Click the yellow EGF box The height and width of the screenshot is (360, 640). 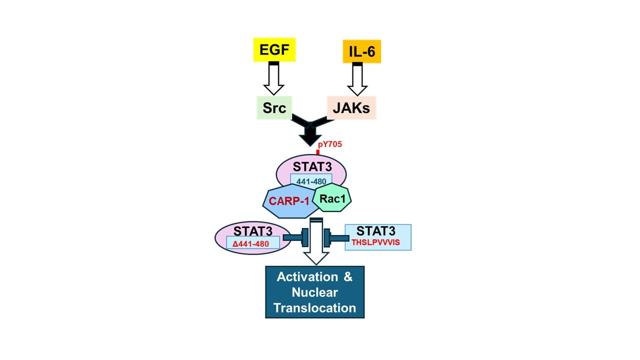point(274,51)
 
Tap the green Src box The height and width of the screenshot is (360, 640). point(274,108)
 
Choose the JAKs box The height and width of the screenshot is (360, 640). point(351,108)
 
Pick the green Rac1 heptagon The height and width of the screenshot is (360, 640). point(332,197)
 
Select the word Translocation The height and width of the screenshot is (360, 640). point(314,307)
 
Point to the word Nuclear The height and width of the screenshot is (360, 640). point(314,292)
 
